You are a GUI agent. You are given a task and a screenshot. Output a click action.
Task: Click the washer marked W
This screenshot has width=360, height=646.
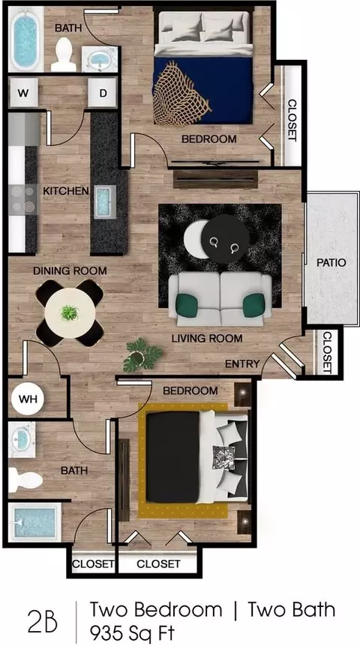click(x=23, y=93)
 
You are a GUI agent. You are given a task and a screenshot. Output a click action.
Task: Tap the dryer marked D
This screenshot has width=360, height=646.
click(x=102, y=93)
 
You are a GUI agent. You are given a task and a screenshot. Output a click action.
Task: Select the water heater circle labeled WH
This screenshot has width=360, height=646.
click(x=28, y=399)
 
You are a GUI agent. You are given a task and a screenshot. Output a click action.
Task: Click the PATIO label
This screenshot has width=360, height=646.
click(x=331, y=262)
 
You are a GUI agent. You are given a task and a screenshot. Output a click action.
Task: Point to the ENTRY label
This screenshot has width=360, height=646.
click(x=242, y=363)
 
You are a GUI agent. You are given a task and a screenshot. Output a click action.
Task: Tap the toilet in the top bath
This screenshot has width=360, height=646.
click(x=64, y=55)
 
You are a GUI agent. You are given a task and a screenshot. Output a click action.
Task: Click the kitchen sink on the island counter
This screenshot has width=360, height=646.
click(x=105, y=202)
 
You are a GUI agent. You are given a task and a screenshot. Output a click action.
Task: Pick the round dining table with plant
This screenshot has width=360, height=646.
click(x=70, y=313)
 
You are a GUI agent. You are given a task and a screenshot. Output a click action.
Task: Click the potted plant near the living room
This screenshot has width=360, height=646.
click(x=142, y=354)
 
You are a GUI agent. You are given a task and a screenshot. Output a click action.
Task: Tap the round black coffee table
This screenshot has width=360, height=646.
click(x=225, y=239)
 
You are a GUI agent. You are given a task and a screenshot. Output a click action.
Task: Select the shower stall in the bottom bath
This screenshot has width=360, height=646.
click(x=34, y=522)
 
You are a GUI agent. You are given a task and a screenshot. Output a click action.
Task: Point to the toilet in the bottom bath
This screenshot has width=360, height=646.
click(x=25, y=480)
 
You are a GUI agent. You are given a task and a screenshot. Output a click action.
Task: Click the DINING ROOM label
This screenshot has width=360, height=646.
click(x=70, y=271)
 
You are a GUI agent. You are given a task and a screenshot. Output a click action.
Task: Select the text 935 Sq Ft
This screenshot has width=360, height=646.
click(x=132, y=632)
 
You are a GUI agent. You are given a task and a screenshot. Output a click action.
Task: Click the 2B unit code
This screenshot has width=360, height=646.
click(x=43, y=622)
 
